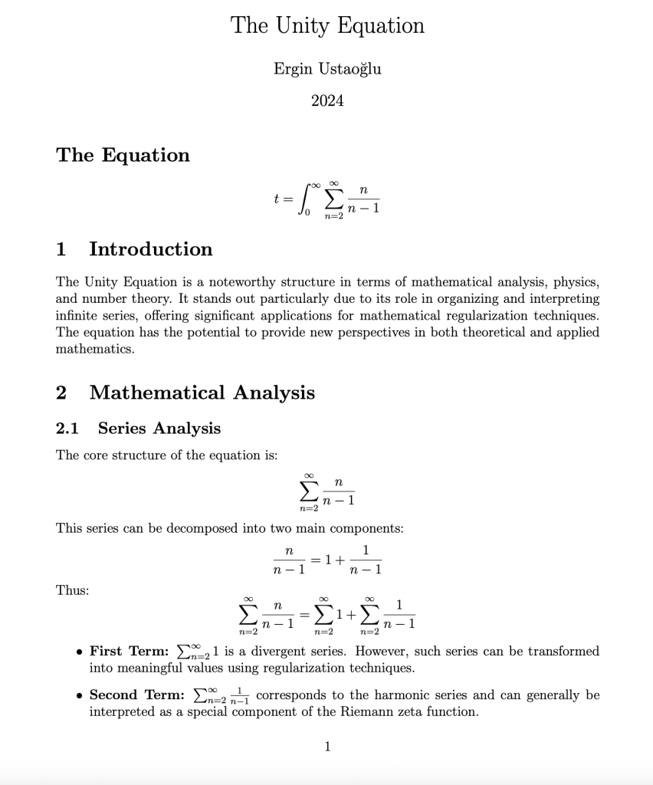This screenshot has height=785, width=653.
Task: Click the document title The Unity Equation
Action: pyautogui.click(x=327, y=25)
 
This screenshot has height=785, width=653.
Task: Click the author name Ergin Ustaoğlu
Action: pyautogui.click(x=327, y=69)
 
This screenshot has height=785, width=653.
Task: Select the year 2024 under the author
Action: pyautogui.click(x=327, y=100)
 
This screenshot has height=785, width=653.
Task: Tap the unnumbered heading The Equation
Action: pyautogui.click(x=123, y=155)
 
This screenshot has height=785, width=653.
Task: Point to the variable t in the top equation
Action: pyautogui.click(x=277, y=198)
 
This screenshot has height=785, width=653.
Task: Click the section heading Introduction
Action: pyautogui.click(x=150, y=249)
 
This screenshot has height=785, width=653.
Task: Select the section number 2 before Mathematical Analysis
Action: pyautogui.click(x=61, y=392)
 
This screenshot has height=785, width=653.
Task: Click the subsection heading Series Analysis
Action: pyautogui.click(x=159, y=429)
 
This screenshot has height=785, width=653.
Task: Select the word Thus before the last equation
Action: pyautogui.click(x=72, y=590)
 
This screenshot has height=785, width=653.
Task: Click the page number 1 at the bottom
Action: pyautogui.click(x=327, y=747)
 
